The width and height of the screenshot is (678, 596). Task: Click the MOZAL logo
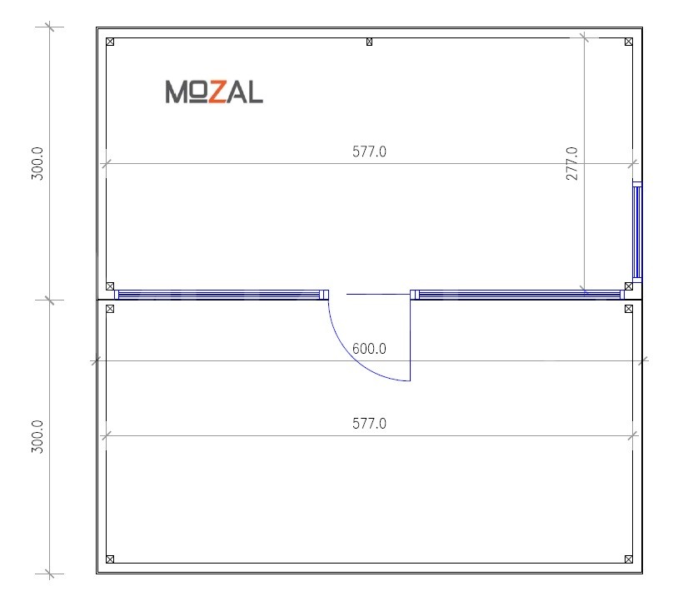(x=214, y=92)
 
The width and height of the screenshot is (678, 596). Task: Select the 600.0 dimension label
(x=369, y=348)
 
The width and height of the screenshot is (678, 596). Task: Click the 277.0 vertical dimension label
(x=571, y=163)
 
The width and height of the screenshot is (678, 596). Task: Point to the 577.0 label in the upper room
(x=369, y=151)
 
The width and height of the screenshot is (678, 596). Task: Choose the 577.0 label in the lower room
(x=369, y=423)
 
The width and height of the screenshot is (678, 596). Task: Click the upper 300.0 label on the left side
(x=37, y=163)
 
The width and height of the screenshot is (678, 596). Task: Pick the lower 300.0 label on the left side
(x=37, y=436)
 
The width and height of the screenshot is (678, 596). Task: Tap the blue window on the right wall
(x=637, y=231)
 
